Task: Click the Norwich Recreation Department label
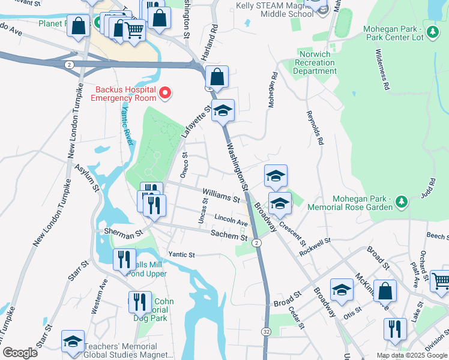click(314, 62)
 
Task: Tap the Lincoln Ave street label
click(231, 220)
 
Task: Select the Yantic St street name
click(182, 254)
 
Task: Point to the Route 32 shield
click(265, 331)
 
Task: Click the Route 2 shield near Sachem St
click(256, 242)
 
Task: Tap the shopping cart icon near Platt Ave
click(440, 280)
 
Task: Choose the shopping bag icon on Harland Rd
click(216, 77)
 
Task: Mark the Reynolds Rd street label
click(315, 128)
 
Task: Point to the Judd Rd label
click(429, 189)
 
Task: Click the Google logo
click(20, 353)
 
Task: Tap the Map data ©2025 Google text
click(411, 355)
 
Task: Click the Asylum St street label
click(87, 178)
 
